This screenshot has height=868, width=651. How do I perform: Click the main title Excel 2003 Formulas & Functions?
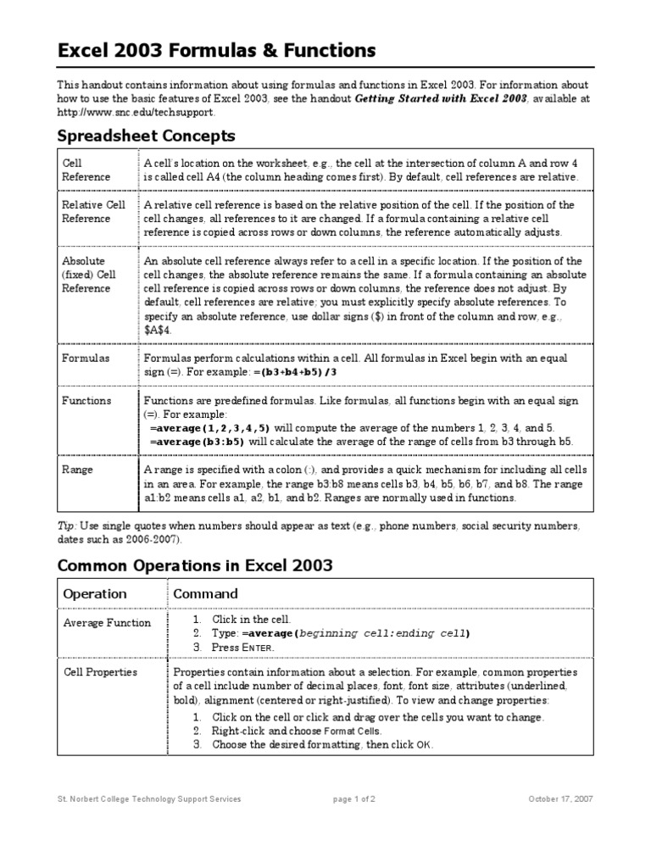coord(216,52)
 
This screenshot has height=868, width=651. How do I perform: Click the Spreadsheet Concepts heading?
coord(146,136)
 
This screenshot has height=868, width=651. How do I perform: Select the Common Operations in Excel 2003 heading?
coord(195,565)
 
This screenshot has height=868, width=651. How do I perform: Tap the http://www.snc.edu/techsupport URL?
coord(136,112)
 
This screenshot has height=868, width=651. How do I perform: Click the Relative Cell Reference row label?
coord(93,212)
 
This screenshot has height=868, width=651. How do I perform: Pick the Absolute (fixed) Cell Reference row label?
coord(88,275)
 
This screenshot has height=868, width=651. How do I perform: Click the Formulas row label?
coord(86,358)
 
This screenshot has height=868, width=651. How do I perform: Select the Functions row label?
coord(86,400)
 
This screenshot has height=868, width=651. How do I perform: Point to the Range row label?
coord(78,470)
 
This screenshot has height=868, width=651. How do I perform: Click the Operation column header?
coord(95,594)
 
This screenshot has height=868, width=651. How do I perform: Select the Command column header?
coord(205,594)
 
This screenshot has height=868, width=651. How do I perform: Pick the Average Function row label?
coord(107,623)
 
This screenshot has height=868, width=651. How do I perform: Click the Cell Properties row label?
coord(100,672)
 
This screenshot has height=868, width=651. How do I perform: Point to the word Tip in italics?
coord(66,526)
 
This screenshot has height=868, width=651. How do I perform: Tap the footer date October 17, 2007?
coord(561,798)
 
